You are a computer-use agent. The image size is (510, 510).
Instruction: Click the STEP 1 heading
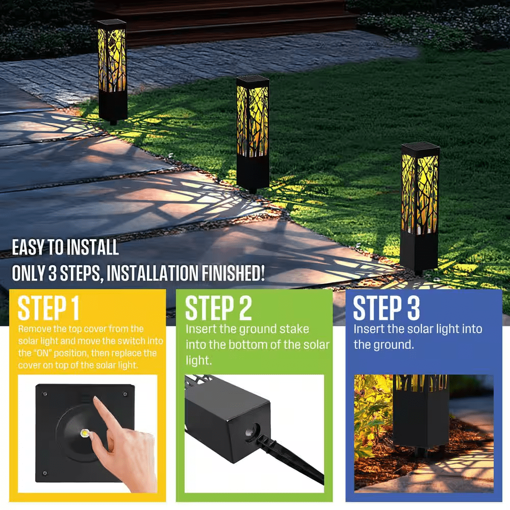(48, 308)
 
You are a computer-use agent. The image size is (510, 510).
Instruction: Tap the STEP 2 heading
(218, 308)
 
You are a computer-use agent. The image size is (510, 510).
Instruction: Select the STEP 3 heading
(386, 308)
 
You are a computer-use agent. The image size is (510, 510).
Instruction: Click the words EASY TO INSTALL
(65, 247)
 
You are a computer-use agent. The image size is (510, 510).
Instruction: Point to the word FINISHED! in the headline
(233, 273)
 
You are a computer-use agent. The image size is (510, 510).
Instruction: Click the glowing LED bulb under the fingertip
(85, 433)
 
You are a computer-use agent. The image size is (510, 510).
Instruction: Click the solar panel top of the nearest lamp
(421, 149)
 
